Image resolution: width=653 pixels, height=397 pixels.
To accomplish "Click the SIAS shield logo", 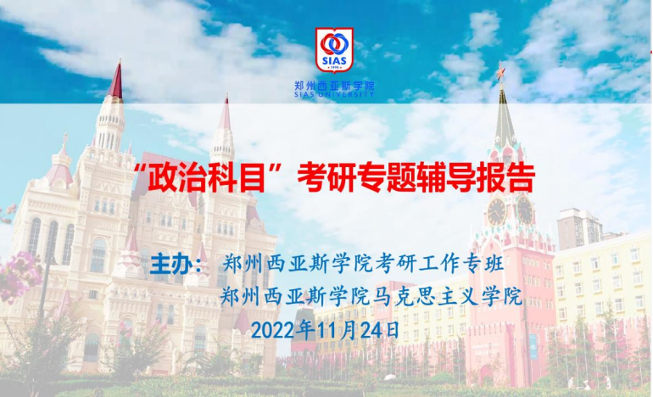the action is click(x=334, y=50).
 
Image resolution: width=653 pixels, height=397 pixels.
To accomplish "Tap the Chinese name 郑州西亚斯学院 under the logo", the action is click(x=334, y=86).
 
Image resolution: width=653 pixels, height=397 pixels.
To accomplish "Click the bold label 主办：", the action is click(x=178, y=264).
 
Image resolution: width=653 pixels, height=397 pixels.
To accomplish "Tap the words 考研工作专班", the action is click(x=440, y=263).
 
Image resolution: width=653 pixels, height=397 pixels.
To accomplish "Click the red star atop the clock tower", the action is click(x=500, y=71).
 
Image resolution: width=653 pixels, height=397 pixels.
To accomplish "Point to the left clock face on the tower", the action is click(x=497, y=212).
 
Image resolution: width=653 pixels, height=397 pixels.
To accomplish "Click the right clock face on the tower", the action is click(x=525, y=210).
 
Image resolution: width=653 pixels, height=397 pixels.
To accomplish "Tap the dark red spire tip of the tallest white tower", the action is click(x=116, y=81).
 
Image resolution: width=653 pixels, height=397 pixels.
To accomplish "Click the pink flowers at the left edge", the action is click(x=19, y=276).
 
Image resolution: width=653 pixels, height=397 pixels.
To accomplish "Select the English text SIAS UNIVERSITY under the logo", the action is click(x=334, y=94).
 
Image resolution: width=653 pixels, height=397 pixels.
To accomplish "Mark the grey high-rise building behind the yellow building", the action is click(x=579, y=229).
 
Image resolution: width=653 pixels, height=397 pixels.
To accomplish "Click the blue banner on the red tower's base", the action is click(x=533, y=347).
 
